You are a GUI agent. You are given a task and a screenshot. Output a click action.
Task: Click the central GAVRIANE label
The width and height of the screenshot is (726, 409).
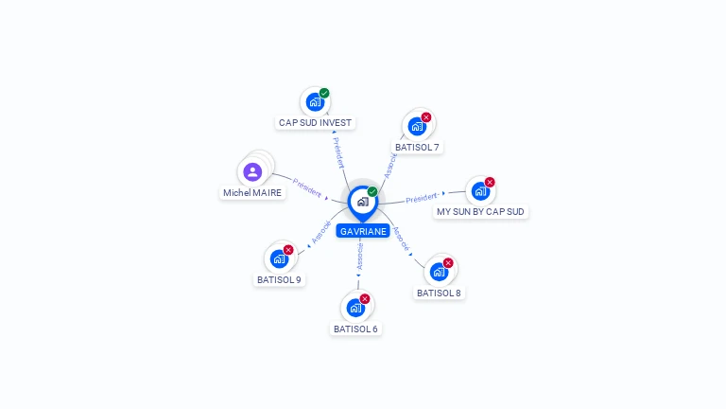[x=363, y=231]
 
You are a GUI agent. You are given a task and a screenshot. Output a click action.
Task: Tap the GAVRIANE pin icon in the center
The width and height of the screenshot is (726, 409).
[x=362, y=202]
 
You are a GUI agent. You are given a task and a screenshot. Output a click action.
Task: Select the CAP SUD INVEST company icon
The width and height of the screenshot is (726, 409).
[x=315, y=102]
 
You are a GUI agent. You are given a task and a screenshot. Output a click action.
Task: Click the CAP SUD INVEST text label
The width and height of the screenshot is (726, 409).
[x=315, y=123]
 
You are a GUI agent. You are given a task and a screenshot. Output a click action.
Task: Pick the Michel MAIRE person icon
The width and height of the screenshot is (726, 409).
[x=252, y=172]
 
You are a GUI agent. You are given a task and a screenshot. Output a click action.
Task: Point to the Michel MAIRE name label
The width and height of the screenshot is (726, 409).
[x=252, y=193]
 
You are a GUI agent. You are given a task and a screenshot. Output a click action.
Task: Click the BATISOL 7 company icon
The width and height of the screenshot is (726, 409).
[x=417, y=126]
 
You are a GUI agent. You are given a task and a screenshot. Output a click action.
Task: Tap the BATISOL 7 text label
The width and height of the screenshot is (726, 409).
[x=417, y=148]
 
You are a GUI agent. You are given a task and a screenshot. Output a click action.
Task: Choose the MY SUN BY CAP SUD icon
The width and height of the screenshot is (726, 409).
[x=480, y=191]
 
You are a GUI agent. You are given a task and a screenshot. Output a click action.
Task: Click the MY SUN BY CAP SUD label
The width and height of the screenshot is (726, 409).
[x=480, y=212]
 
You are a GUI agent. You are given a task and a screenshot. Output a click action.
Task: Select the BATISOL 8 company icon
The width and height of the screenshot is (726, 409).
[x=439, y=272]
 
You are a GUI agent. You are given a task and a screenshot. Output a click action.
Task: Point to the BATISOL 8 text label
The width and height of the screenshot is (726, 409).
[x=439, y=293]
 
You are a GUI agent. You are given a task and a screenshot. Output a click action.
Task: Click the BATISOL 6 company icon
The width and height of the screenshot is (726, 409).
[x=355, y=308]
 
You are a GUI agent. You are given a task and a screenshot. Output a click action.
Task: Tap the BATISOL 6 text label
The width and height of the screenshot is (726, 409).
[x=355, y=329]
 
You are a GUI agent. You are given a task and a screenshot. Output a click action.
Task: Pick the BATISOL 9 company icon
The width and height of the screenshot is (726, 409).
[x=279, y=258]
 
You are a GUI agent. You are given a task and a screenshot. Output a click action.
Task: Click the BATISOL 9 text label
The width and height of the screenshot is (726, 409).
[x=279, y=280]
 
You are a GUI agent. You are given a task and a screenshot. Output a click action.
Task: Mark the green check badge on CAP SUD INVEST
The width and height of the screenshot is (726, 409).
[x=324, y=93]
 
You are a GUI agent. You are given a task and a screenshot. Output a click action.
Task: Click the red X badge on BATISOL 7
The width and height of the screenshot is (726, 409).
[x=426, y=117]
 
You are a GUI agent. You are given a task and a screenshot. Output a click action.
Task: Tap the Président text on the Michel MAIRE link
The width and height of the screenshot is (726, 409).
[x=307, y=187]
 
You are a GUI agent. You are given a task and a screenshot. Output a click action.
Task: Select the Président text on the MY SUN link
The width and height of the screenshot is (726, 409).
[x=422, y=199]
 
